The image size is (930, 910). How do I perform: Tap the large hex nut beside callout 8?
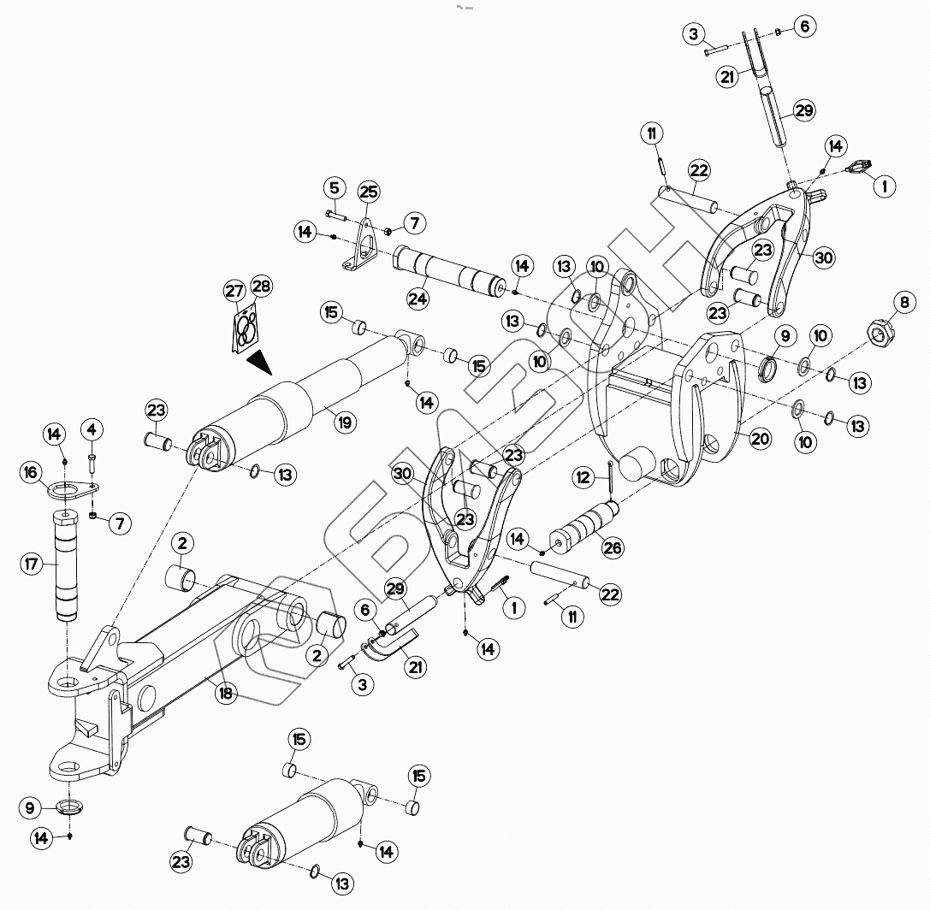tap(880, 332)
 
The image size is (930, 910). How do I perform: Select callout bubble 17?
tap(32, 564)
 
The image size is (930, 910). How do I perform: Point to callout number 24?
tap(418, 298)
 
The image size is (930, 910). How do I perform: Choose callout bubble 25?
tap(369, 192)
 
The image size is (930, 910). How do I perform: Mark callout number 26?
tap(613, 547)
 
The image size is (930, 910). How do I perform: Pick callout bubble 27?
tap(234, 291)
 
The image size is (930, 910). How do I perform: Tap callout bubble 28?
tap(261, 287)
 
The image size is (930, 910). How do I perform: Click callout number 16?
tap(31, 472)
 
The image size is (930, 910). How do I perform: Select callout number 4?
tap(92, 426)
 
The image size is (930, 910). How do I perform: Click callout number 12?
tap(583, 478)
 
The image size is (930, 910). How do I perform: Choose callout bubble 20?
tap(760, 439)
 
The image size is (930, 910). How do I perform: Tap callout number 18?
tap(226, 694)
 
